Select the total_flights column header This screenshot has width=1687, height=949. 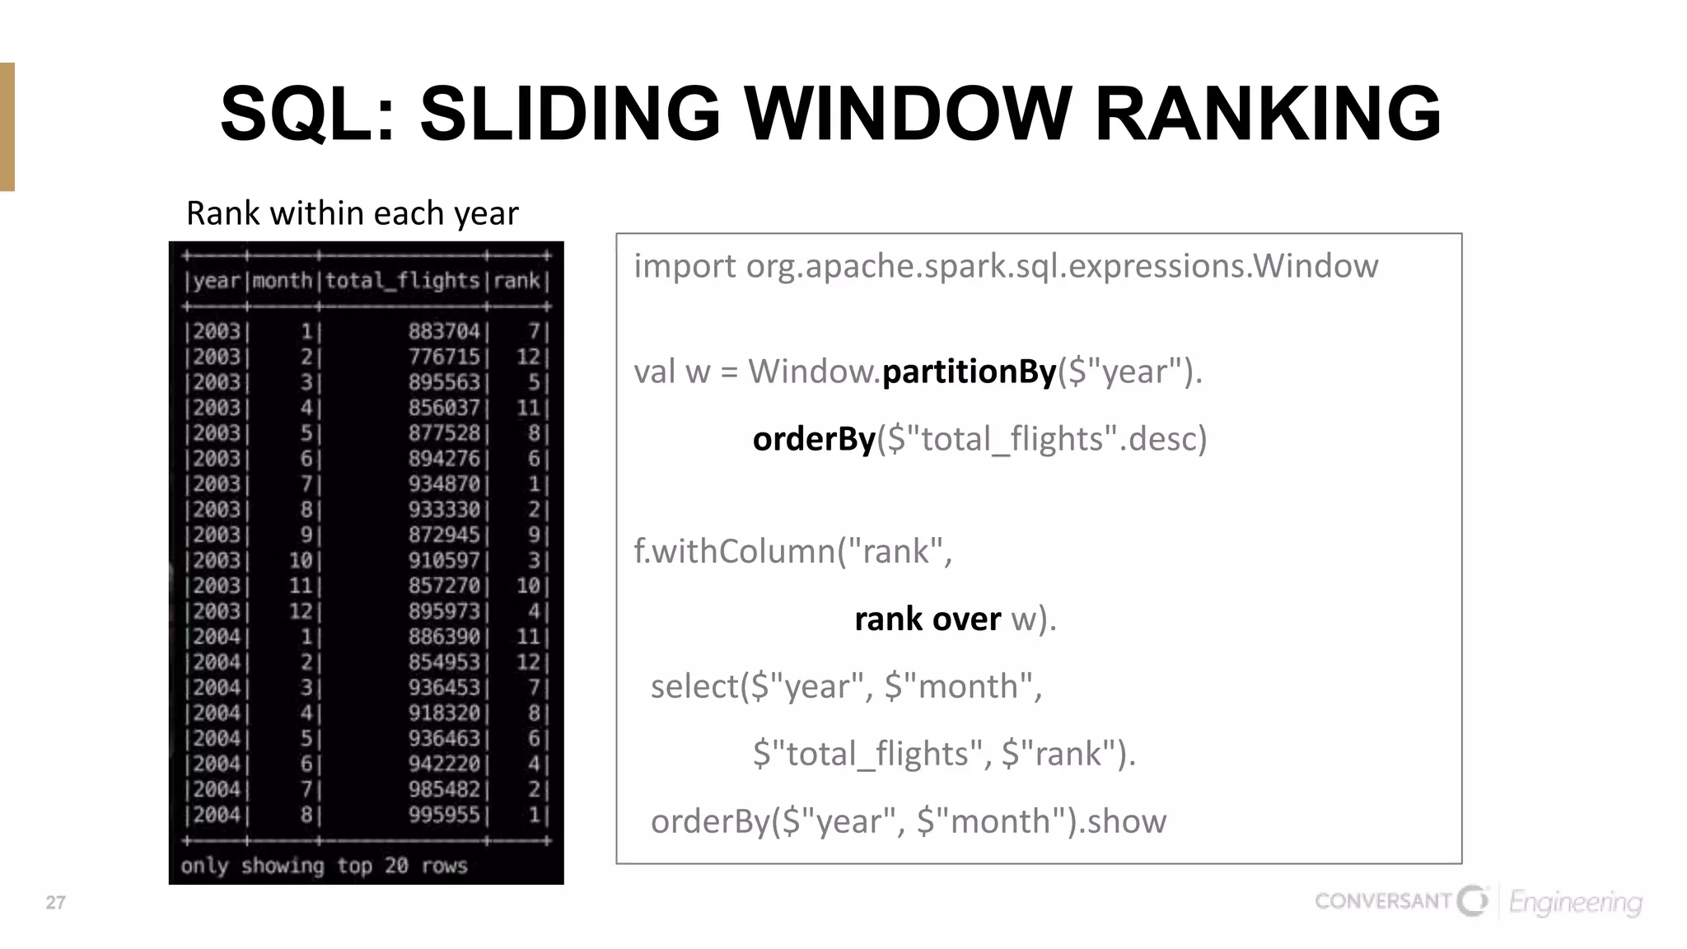click(402, 281)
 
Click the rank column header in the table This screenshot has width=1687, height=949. click(516, 281)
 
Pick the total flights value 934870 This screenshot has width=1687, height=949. click(444, 484)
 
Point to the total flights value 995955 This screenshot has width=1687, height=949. click(444, 816)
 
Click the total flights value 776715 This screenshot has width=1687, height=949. click(444, 357)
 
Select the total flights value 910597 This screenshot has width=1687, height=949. click(444, 561)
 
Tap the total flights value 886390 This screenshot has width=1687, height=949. click(444, 637)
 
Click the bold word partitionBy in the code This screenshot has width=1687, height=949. click(969, 372)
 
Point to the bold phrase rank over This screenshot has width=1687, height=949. click(928, 619)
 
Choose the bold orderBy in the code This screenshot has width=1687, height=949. click(814, 439)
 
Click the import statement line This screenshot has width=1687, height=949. click(1005, 266)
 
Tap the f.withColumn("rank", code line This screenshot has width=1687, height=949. click(792, 551)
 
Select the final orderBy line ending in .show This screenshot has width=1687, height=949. click(908, 821)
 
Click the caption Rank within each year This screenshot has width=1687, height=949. click(353, 213)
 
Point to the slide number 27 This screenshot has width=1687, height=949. click(55, 903)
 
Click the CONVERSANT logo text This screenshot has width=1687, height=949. click(1382, 901)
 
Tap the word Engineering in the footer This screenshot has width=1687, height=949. click(1575, 903)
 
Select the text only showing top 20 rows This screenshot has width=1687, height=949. click(324, 866)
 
